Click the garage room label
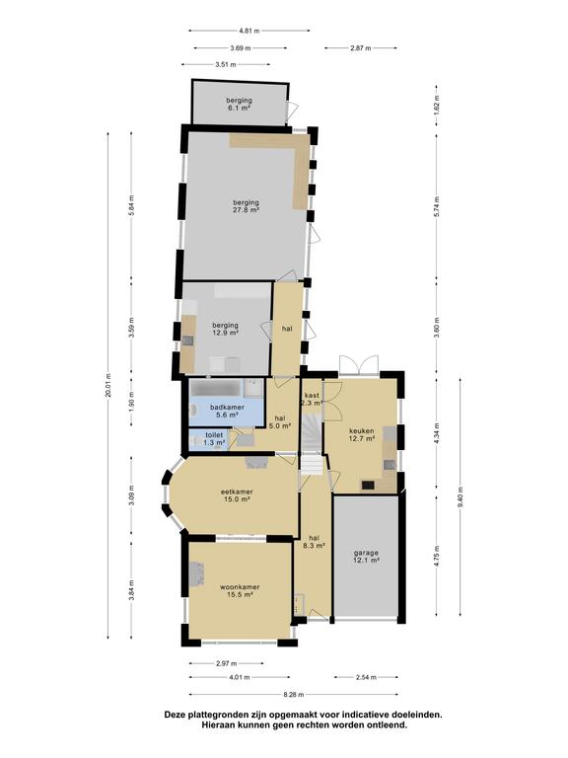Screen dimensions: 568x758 tap(366, 557)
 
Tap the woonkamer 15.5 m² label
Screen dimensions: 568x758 tap(240, 591)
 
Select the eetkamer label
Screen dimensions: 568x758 tap(237, 495)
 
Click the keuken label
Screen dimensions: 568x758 tap(362, 434)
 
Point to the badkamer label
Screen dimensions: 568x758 tap(227, 411)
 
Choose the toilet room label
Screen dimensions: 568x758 tap(214, 438)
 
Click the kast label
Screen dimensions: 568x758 tap(312, 399)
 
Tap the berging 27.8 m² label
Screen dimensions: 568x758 tap(246, 206)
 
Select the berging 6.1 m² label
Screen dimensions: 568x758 tap(239, 104)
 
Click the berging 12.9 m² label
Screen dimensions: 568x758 tap(226, 329)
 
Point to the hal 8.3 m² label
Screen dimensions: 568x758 tap(314, 542)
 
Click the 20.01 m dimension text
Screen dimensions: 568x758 tap(107, 385)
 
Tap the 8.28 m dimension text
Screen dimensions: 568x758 tap(294, 694)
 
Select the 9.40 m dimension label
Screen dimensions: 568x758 tap(460, 496)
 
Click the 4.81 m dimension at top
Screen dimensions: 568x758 tap(249, 31)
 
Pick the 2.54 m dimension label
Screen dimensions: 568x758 tap(366, 677)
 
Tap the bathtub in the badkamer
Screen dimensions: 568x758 tap(215, 388)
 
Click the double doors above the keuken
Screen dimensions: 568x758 tap(358, 365)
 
